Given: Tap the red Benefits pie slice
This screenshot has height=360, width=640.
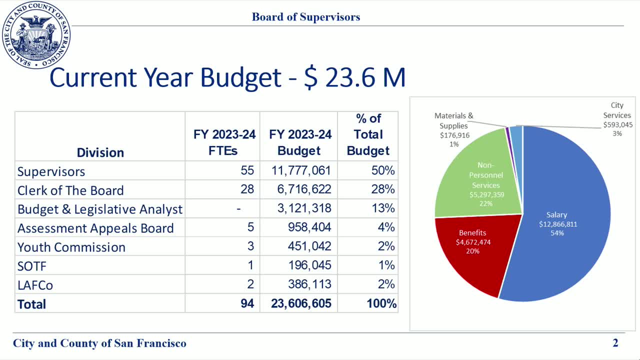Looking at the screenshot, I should click(x=472, y=245).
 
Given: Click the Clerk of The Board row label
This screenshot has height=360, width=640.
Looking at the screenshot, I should click(x=70, y=190).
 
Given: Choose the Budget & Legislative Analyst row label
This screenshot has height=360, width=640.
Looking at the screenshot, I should click(x=100, y=209).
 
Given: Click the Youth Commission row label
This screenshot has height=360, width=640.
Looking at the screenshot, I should click(x=71, y=247).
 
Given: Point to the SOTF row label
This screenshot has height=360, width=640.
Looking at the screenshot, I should click(x=31, y=266).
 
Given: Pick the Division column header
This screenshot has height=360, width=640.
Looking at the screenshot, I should click(x=100, y=152).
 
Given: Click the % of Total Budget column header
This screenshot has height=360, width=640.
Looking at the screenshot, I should click(x=368, y=134).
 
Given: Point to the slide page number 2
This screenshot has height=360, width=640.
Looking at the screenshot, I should click(x=615, y=343).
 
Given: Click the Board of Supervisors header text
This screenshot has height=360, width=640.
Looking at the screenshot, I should click(x=306, y=17).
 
